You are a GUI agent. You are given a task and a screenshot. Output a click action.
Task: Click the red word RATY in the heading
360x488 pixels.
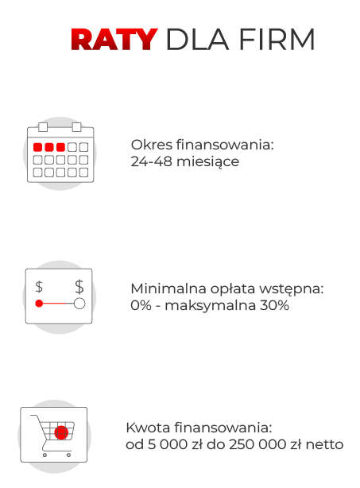[x=114, y=40]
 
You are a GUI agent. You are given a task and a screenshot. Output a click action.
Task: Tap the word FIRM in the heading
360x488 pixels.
[x=277, y=40]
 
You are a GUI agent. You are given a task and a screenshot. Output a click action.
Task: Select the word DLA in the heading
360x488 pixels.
[x=198, y=40]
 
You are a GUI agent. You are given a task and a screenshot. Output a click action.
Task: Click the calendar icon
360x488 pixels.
[x=60, y=153]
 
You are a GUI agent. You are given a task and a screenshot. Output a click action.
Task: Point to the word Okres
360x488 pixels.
[x=152, y=145]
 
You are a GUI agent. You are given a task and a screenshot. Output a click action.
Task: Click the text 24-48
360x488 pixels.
[x=151, y=161]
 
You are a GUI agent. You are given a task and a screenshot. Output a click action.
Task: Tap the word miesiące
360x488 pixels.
[x=208, y=162]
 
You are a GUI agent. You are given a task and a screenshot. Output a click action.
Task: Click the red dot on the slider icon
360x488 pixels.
[x=39, y=303]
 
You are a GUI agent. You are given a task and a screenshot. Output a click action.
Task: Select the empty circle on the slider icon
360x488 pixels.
[x=79, y=303]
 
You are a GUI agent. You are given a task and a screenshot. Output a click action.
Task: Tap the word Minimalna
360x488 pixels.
[x=168, y=289]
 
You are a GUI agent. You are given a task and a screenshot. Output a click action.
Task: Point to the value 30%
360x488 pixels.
[x=274, y=305]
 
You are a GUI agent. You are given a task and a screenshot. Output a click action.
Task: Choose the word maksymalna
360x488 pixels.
[x=210, y=306]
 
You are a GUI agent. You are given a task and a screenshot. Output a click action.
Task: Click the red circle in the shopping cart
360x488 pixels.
[x=61, y=432]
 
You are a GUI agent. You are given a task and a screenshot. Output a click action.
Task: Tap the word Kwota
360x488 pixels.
[x=149, y=428]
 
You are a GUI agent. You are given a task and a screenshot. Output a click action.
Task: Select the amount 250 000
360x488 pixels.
[x=257, y=444]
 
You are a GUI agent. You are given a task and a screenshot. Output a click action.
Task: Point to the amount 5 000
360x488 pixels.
[x=168, y=444]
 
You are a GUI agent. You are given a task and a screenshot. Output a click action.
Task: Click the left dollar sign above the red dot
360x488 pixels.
[x=39, y=287]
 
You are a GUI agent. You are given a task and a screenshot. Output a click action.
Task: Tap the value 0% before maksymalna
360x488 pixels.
[x=141, y=305]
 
